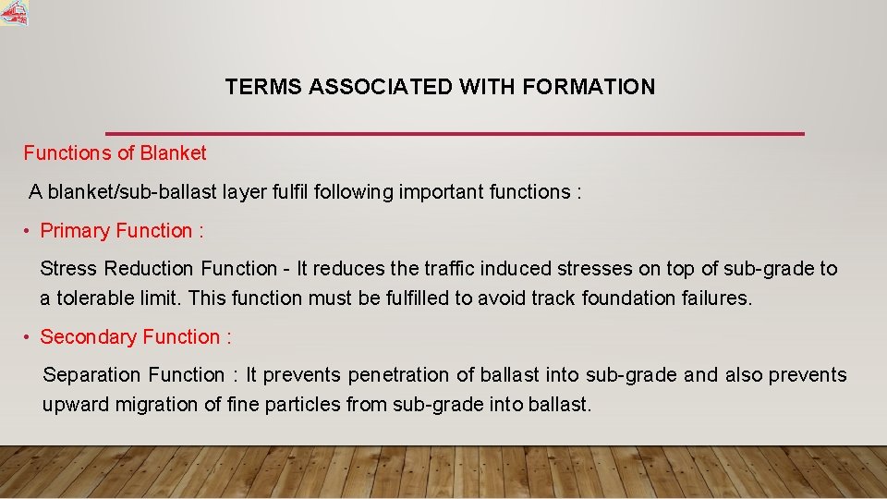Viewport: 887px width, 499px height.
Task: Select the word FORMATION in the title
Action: click(589, 87)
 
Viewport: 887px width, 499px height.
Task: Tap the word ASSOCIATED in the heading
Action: click(381, 87)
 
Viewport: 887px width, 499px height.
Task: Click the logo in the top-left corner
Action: click(14, 13)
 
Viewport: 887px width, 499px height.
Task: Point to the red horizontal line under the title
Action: click(455, 134)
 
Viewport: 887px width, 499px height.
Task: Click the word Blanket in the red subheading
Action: click(173, 152)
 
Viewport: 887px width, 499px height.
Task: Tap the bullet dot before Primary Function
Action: click(29, 231)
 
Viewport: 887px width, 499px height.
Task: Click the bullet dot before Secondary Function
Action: click(29, 337)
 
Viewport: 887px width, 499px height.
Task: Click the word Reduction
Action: click(150, 269)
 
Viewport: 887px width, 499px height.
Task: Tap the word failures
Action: click(716, 298)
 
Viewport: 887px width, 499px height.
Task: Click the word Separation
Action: click(89, 375)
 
